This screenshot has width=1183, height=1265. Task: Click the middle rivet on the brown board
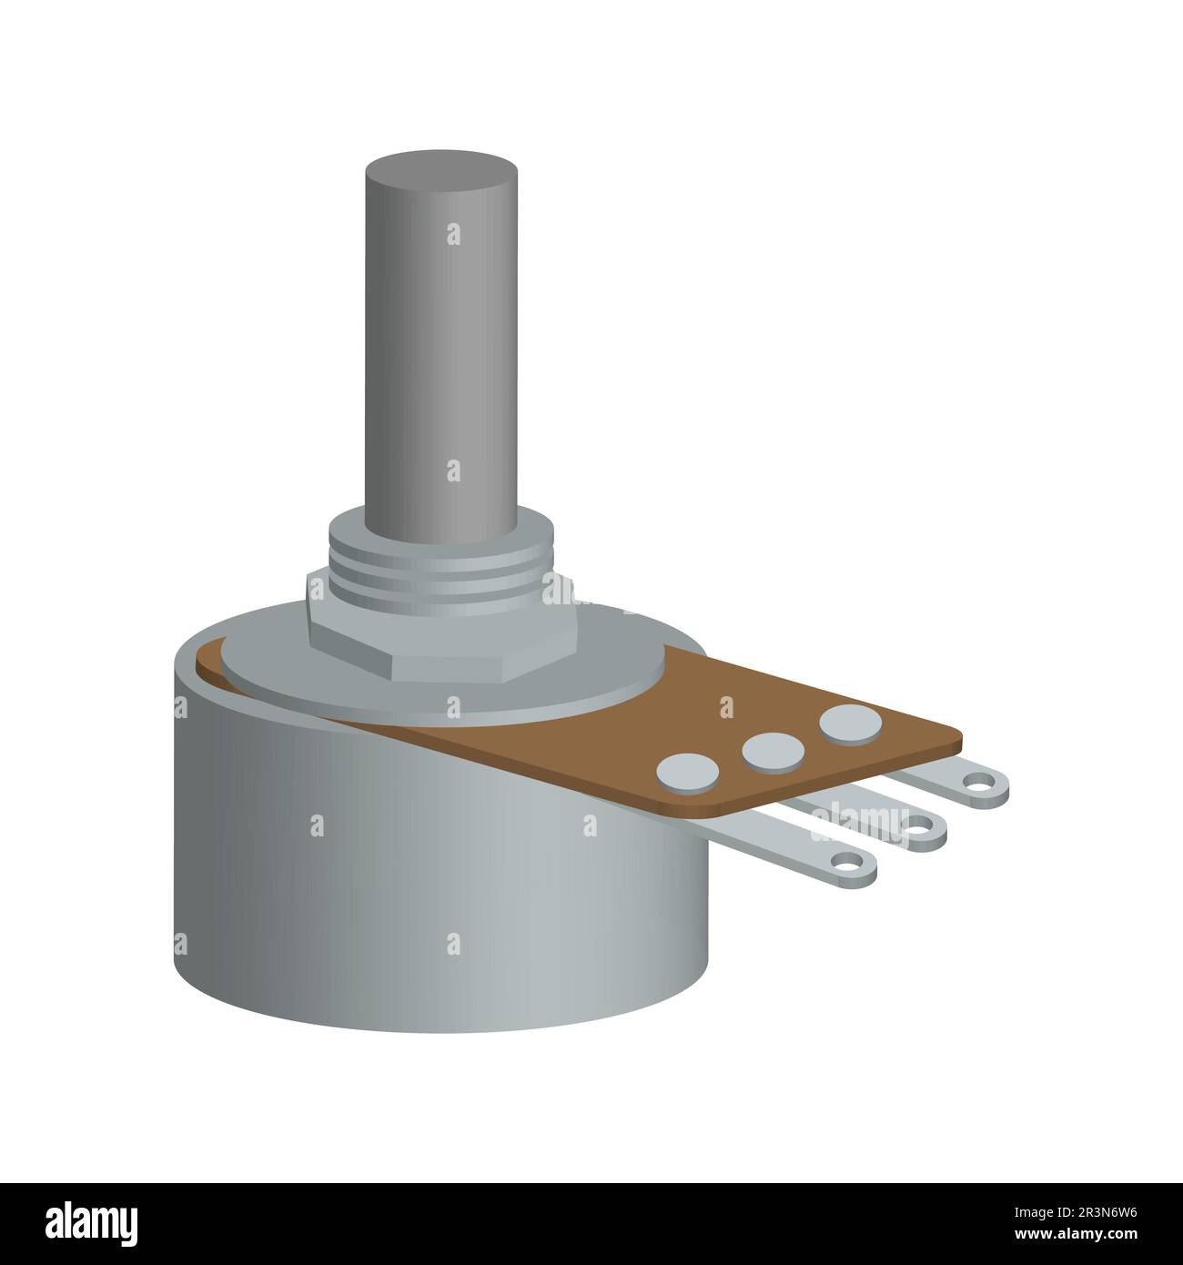click(773, 750)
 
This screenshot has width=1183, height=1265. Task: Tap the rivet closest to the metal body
click(688, 772)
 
